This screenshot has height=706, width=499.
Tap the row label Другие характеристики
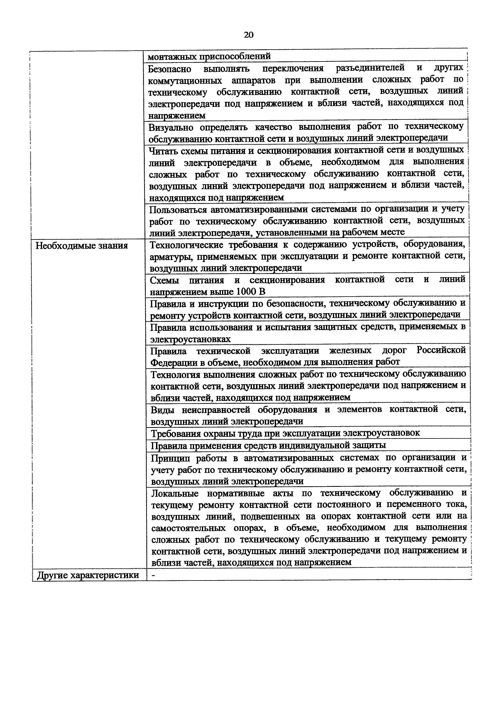(x=88, y=575)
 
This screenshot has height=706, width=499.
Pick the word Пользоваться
(x=178, y=210)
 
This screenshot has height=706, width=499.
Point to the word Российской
(x=441, y=350)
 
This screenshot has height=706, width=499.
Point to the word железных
(x=350, y=351)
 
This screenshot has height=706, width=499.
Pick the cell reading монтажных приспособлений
(x=209, y=57)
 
